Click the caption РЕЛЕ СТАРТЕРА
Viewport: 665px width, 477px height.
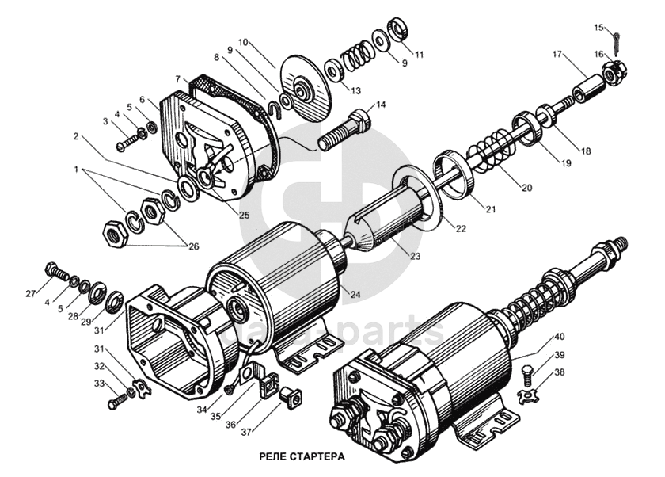302,456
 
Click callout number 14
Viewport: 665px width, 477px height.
382,105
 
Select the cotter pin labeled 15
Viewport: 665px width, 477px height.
616,43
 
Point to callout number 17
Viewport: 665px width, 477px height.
557,55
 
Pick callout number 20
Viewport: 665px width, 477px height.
526,188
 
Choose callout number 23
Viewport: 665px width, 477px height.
415,256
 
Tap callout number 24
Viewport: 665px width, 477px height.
355,295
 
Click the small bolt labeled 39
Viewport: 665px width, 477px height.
526,375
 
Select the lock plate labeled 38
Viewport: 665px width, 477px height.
528,395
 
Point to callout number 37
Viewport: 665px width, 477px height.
246,432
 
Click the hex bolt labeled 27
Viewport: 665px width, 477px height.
56,272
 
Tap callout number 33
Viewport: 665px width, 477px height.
99,384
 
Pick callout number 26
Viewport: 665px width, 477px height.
193,246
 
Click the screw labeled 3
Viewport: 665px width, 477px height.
128,142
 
